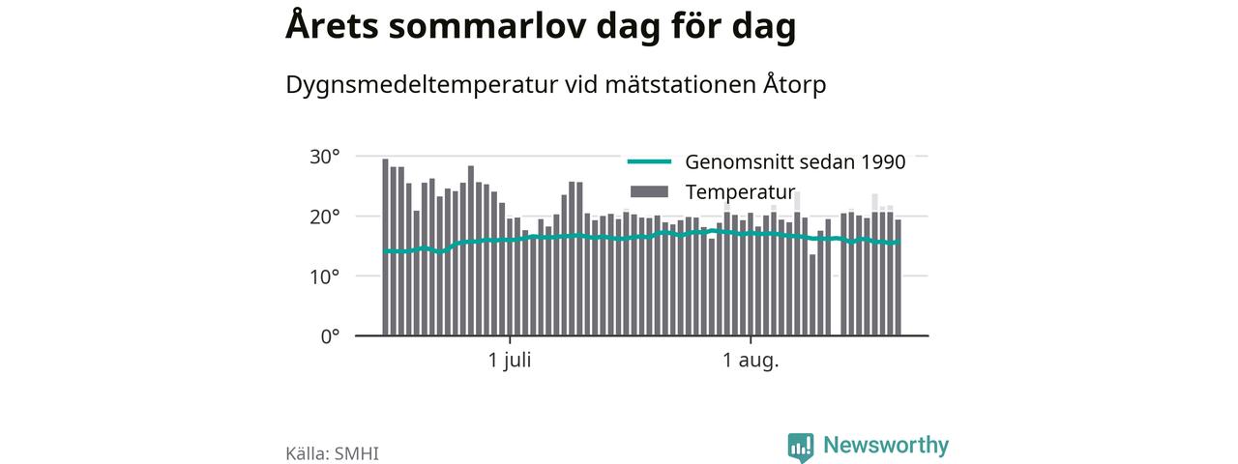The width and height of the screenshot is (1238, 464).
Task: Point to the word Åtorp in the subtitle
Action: pos(795,83)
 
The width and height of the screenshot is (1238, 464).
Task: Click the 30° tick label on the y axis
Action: pos(324,157)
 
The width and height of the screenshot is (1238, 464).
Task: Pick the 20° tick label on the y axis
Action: pos(324,217)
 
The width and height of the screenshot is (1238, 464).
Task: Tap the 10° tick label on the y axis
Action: pos(324,276)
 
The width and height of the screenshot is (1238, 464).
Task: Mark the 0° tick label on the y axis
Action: pos(330,336)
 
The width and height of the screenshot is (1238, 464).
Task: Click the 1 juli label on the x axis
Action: pos(510,361)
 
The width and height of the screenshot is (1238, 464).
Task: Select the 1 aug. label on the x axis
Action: pos(751,362)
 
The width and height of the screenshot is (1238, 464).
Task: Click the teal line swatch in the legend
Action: pos(649,161)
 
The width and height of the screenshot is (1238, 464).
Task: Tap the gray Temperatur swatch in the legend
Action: pos(649,191)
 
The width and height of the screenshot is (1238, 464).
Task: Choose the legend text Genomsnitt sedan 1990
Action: pos(795,161)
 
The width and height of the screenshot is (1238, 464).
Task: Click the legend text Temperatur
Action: pos(740,192)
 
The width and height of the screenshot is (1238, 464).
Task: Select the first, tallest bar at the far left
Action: pos(385,246)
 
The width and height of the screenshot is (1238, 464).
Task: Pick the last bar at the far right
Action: pos(899,277)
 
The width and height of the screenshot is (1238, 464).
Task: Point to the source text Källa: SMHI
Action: pos(332,453)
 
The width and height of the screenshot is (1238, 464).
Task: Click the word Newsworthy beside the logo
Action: pos(886,446)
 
